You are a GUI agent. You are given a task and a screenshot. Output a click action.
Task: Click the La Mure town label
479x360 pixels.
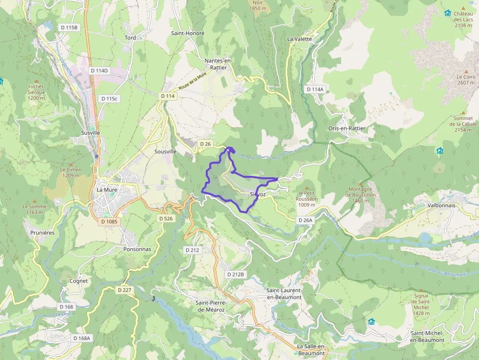coord(106,190)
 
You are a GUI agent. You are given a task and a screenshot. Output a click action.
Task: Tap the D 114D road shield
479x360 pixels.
coord(99,71)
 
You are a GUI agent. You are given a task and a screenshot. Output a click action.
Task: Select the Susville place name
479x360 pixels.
coord(90,133)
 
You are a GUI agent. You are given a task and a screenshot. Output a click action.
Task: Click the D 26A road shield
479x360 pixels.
coord(305,220)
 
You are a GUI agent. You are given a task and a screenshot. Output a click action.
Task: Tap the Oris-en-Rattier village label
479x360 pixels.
coord(347,128)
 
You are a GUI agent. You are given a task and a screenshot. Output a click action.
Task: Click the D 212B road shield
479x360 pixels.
coord(235,275)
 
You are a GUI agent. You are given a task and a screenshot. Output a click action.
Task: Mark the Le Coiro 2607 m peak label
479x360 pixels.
coord(466,80)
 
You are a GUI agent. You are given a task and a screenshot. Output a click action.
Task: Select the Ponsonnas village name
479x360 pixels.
coord(137,249)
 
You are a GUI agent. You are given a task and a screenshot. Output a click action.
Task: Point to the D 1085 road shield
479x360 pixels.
coord(109,222)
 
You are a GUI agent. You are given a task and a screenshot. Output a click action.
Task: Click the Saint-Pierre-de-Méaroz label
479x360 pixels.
coord(210,306)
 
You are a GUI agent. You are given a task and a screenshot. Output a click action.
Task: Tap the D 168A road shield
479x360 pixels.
coord(82,338)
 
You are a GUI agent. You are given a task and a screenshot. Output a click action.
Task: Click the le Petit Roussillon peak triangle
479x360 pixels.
coord(307,188)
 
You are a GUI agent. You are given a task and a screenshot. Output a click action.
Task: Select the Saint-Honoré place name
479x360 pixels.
coord(188,33)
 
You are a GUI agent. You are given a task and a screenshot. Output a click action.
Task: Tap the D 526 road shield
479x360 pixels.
coord(166,218)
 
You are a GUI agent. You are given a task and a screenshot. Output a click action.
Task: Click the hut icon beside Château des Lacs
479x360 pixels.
coord(447,13)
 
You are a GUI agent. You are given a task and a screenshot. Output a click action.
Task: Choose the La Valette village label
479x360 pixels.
coord(299,39)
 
